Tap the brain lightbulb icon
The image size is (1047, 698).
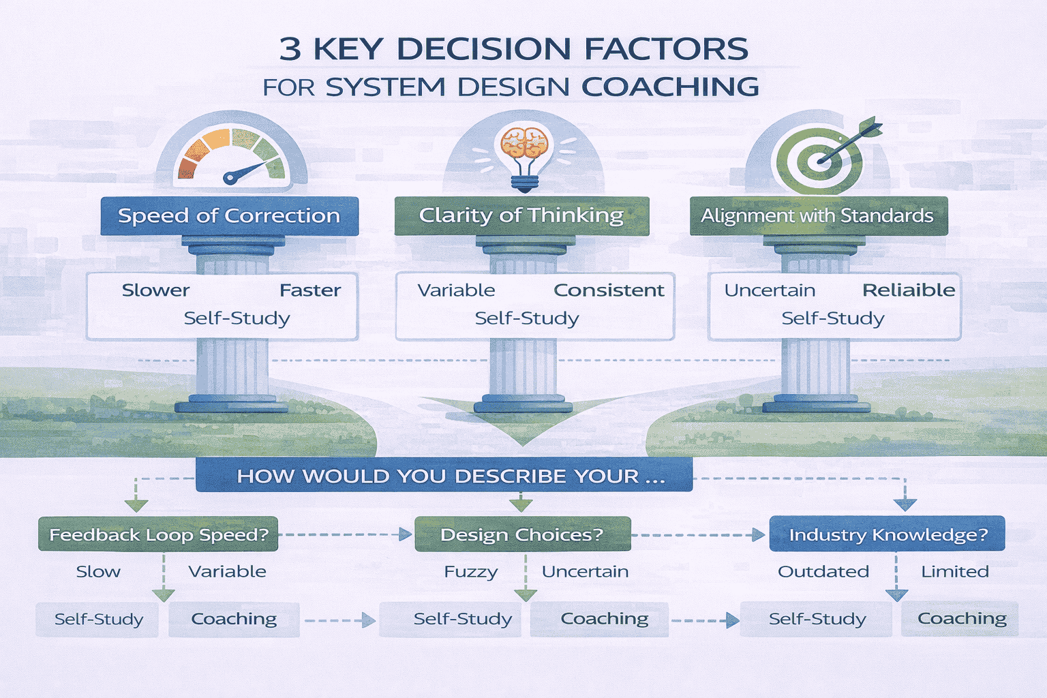point(523,155)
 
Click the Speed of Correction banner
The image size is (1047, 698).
point(229,216)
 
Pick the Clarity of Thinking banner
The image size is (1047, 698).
point(521,216)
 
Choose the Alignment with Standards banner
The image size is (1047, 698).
point(818,216)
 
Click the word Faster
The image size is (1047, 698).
point(310,290)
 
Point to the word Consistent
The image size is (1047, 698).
point(609,290)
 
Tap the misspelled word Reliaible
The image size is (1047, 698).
point(909,290)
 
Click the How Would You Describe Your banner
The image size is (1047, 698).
point(444,475)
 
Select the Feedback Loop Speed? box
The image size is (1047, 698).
point(158,534)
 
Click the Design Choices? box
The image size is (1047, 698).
point(522,534)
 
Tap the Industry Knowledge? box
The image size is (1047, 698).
point(887,534)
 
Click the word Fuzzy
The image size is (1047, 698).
point(470,572)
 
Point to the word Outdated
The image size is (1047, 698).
point(823,572)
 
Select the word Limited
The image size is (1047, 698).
point(954,572)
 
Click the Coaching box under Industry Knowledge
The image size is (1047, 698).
point(961,619)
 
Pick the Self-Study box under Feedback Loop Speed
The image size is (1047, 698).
point(98,620)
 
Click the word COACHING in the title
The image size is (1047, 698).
point(670,87)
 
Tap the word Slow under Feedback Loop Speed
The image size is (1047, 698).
point(98,572)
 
